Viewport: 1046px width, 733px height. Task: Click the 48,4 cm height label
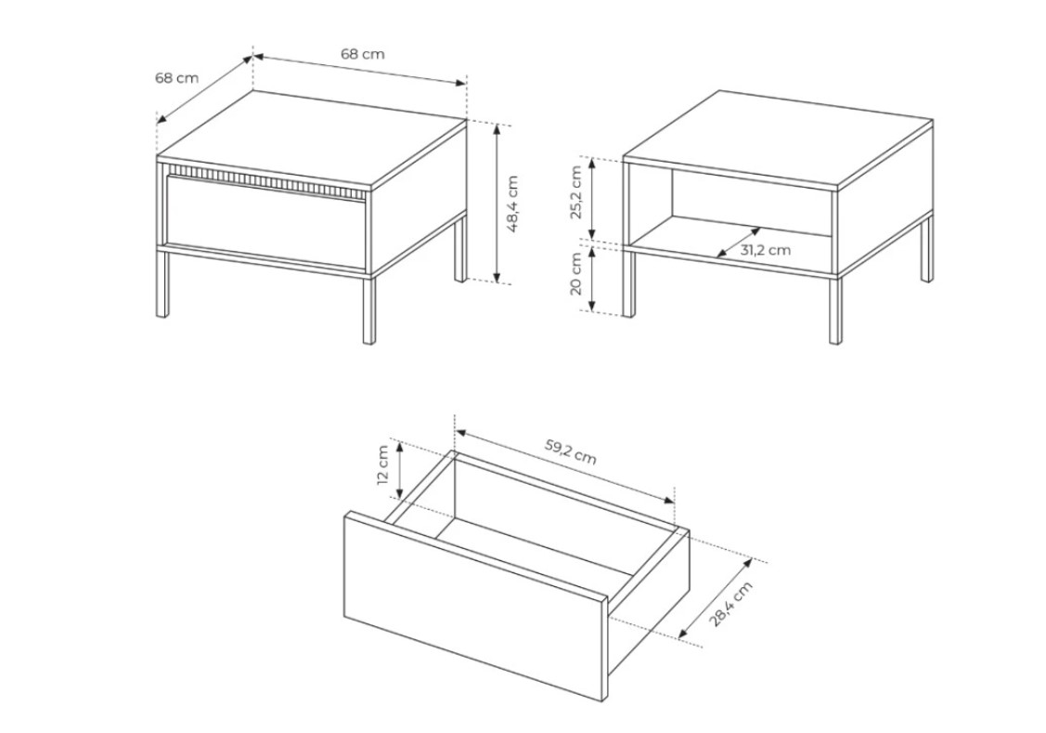point(513,203)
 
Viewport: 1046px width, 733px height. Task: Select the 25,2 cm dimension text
point(576,191)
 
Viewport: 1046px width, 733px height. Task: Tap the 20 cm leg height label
point(576,274)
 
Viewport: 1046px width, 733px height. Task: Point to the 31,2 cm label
point(765,250)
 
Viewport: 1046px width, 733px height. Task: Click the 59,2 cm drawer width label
point(571,452)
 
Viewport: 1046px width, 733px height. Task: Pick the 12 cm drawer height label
point(383,466)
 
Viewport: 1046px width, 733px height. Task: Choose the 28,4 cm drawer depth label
point(730,604)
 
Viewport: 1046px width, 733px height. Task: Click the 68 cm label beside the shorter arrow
point(176,77)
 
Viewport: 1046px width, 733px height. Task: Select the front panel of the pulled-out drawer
point(475,606)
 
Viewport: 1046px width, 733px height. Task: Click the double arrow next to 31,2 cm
point(739,242)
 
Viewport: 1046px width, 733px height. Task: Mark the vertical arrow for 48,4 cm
point(497,203)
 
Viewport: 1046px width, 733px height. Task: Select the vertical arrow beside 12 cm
point(400,471)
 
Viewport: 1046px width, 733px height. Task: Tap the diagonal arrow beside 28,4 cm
point(716,599)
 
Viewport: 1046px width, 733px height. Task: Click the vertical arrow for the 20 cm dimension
point(592,279)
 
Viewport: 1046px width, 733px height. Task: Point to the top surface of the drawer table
point(312,138)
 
